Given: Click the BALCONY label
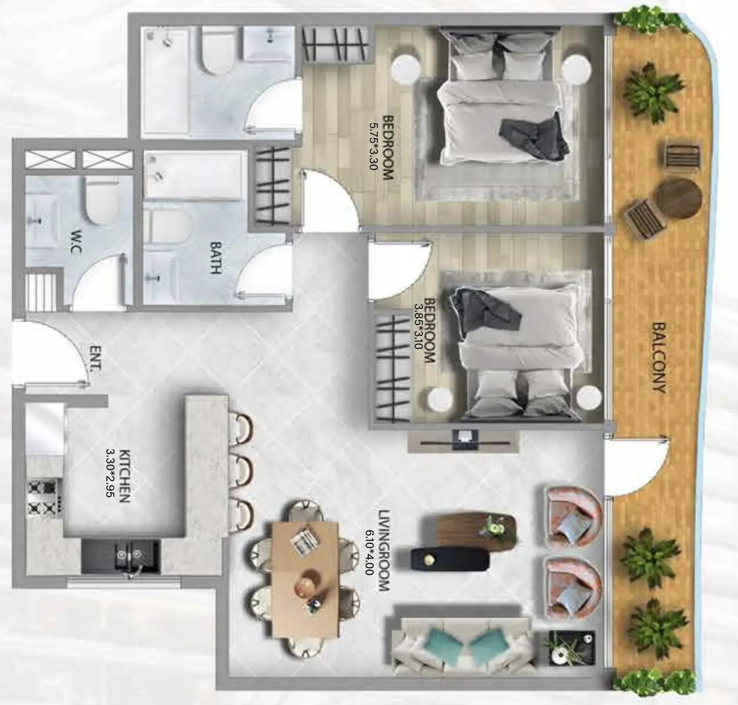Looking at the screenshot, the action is [x=659, y=358].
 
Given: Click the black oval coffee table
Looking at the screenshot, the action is [x=450, y=561].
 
